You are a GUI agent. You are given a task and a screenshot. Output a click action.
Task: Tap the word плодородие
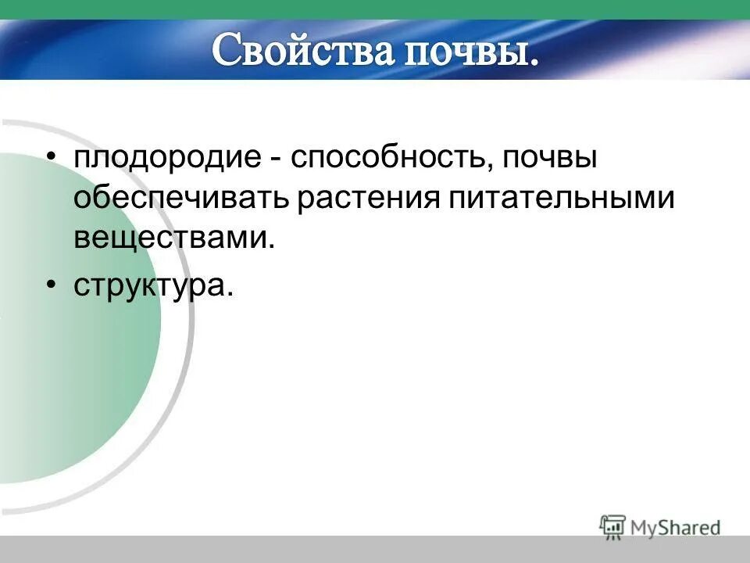[166, 157]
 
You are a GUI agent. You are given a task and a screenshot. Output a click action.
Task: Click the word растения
[367, 198]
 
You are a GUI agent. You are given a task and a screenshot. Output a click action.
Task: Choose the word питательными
[561, 198]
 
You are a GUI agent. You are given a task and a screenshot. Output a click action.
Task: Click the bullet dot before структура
[51, 286]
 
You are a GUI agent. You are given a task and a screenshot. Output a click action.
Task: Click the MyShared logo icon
[613, 525]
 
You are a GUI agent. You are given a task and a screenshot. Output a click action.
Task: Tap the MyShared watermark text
[675, 528]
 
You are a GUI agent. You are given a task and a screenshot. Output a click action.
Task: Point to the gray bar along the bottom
[375, 549]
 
